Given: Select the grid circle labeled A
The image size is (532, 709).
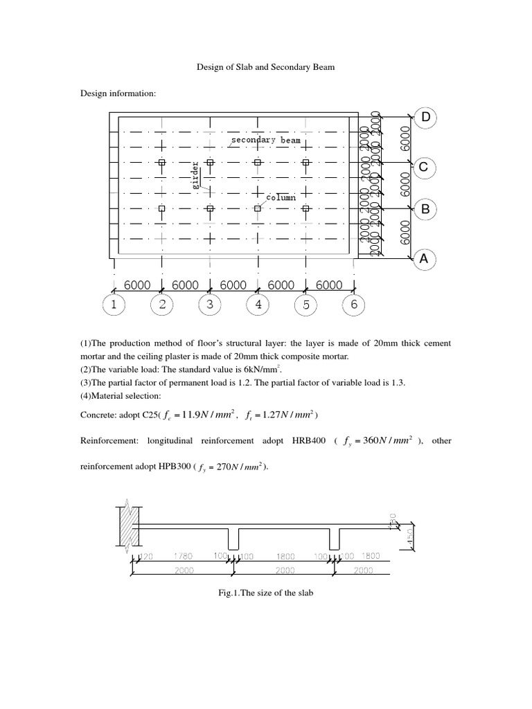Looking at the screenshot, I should pyautogui.click(x=425, y=260).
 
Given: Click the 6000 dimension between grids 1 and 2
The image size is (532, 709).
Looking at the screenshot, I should pyautogui.click(x=138, y=285).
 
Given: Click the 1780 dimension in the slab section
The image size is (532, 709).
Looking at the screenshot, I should pyautogui.click(x=184, y=556).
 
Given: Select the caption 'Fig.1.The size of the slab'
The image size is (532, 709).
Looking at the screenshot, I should pyautogui.click(x=265, y=593).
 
